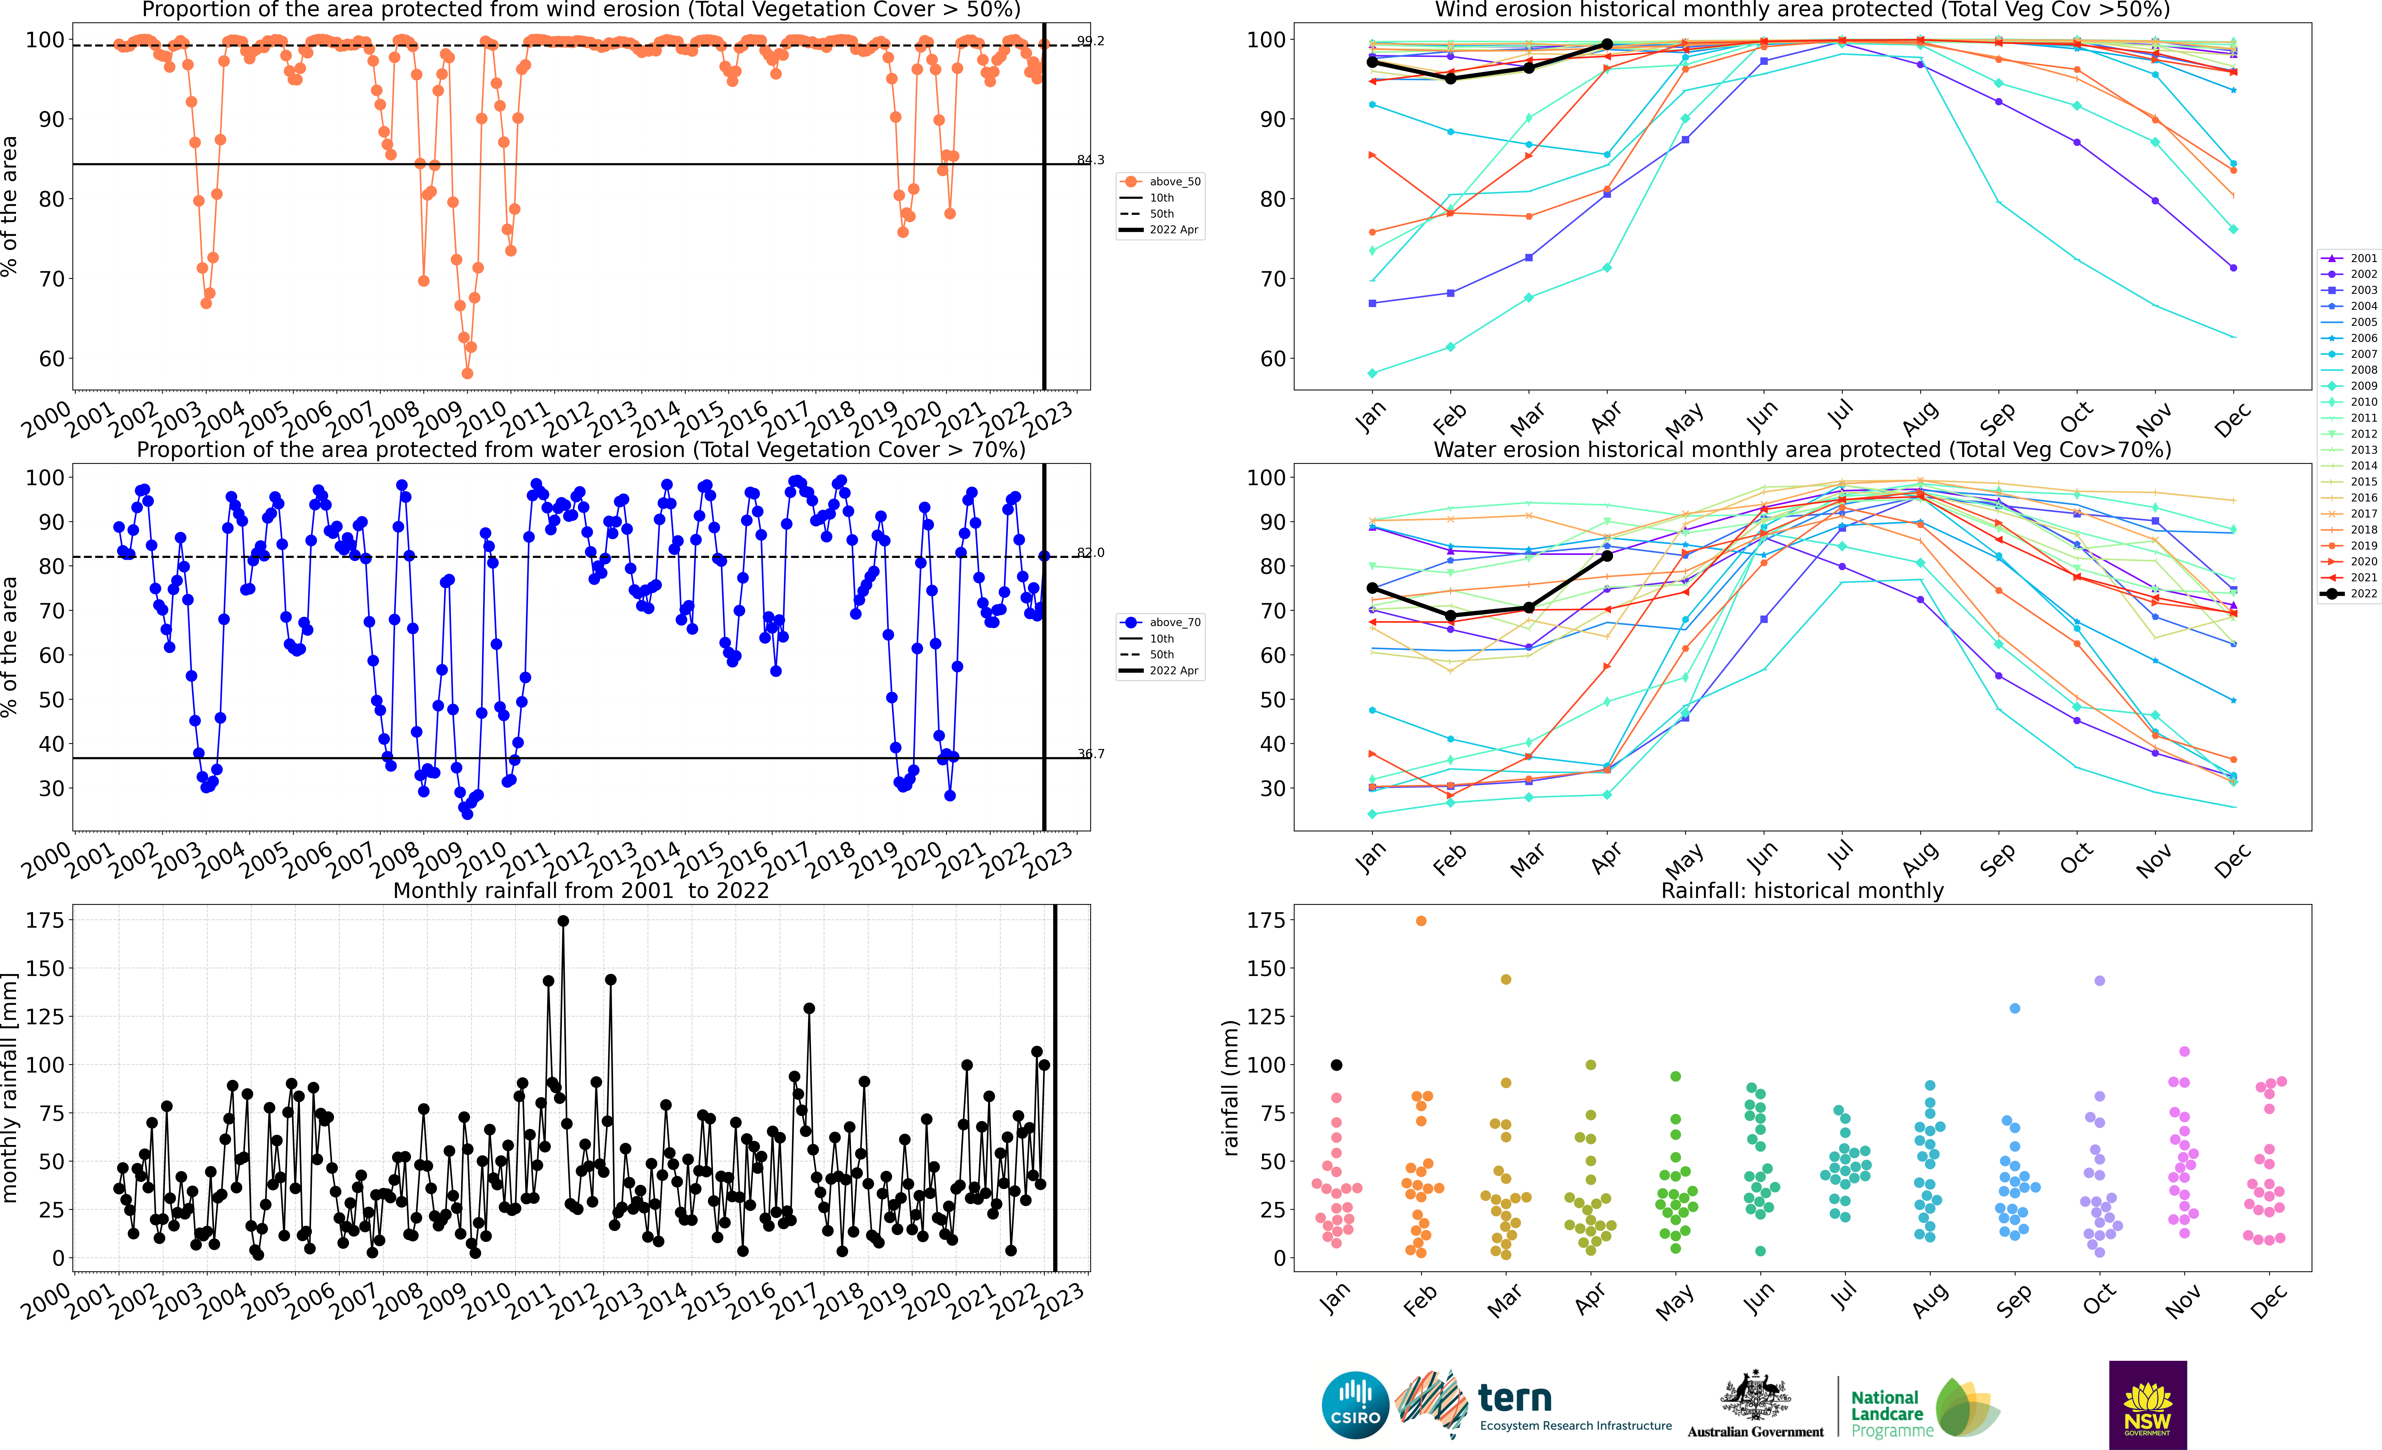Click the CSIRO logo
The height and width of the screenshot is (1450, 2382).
(1354, 1405)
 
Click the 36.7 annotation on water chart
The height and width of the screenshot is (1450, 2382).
(1090, 754)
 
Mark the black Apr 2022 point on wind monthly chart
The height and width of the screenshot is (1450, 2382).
(1607, 43)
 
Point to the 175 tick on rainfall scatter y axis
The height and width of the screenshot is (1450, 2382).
(1265, 920)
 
